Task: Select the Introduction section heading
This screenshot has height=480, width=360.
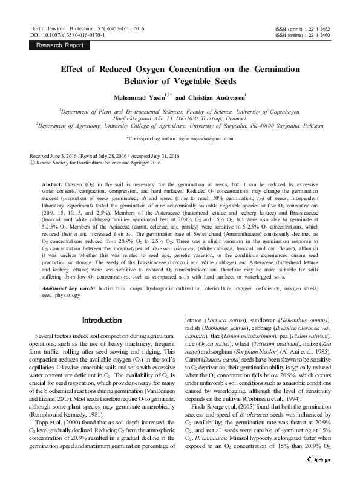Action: click(102, 320)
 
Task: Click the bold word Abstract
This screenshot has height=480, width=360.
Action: click(52, 182)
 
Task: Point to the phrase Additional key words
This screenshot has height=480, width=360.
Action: click(67, 291)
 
